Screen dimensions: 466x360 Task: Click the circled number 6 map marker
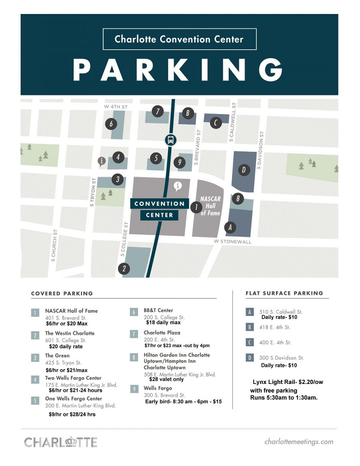click(x=111, y=124)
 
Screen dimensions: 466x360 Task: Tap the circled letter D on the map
click(x=244, y=170)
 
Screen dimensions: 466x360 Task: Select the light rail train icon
click(x=171, y=140)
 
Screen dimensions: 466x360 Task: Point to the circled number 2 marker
click(x=124, y=269)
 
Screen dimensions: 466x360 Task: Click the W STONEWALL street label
click(x=232, y=242)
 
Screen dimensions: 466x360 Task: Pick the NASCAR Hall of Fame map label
click(x=210, y=206)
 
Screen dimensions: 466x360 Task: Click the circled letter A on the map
click(x=230, y=227)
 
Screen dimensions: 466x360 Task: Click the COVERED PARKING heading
click(x=62, y=293)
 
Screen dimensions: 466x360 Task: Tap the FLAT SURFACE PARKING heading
click(x=284, y=293)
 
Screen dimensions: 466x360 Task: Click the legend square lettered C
click(x=250, y=342)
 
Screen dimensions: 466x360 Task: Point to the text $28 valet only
click(x=166, y=379)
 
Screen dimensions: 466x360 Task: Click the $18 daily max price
click(x=163, y=322)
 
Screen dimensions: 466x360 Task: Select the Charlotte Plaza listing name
click(x=162, y=333)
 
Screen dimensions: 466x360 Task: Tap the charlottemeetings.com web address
click(x=299, y=442)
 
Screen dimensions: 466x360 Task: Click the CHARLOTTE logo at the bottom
click(x=61, y=442)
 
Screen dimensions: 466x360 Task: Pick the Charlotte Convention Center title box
click(x=179, y=39)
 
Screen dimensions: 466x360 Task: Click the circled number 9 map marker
click(x=180, y=162)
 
